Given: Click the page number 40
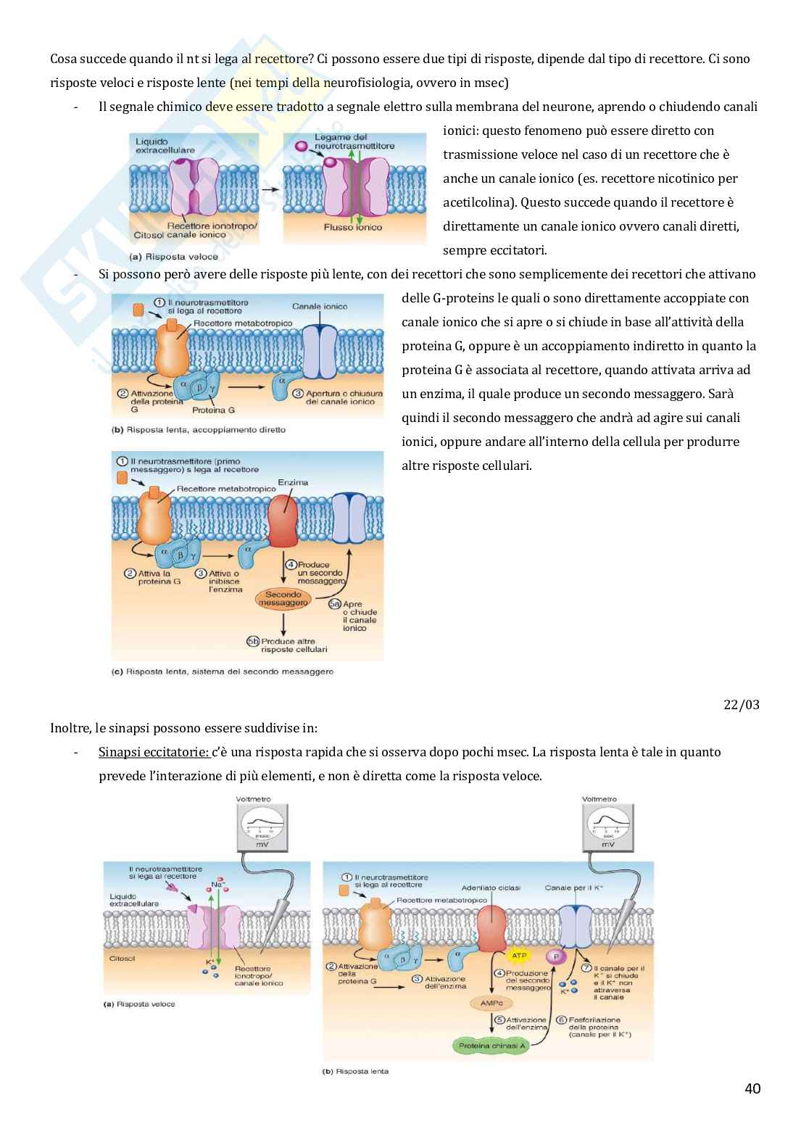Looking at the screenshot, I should click(752, 1088).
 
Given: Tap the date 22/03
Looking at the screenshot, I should click(741, 704).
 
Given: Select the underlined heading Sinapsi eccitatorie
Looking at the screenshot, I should click(153, 752).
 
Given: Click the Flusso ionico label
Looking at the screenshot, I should click(353, 227).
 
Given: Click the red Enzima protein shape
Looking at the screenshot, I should click(283, 518).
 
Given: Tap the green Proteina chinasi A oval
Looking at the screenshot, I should click(490, 1045).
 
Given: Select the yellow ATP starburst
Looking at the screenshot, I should click(519, 956).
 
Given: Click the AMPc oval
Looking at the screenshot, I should click(491, 1003).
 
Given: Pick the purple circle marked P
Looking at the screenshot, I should click(556, 956).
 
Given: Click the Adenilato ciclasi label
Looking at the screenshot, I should click(491, 888).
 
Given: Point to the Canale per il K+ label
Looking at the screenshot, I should click(573, 888).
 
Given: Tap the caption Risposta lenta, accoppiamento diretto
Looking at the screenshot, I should click(199, 429).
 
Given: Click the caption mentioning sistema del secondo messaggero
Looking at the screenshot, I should click(223, 671).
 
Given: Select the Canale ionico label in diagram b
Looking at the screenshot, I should click(320, 307).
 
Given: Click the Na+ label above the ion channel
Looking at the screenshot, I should click(215, 885).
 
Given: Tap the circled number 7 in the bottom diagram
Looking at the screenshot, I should click(586, 968).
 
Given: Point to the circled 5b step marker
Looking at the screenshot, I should click(252, 641).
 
